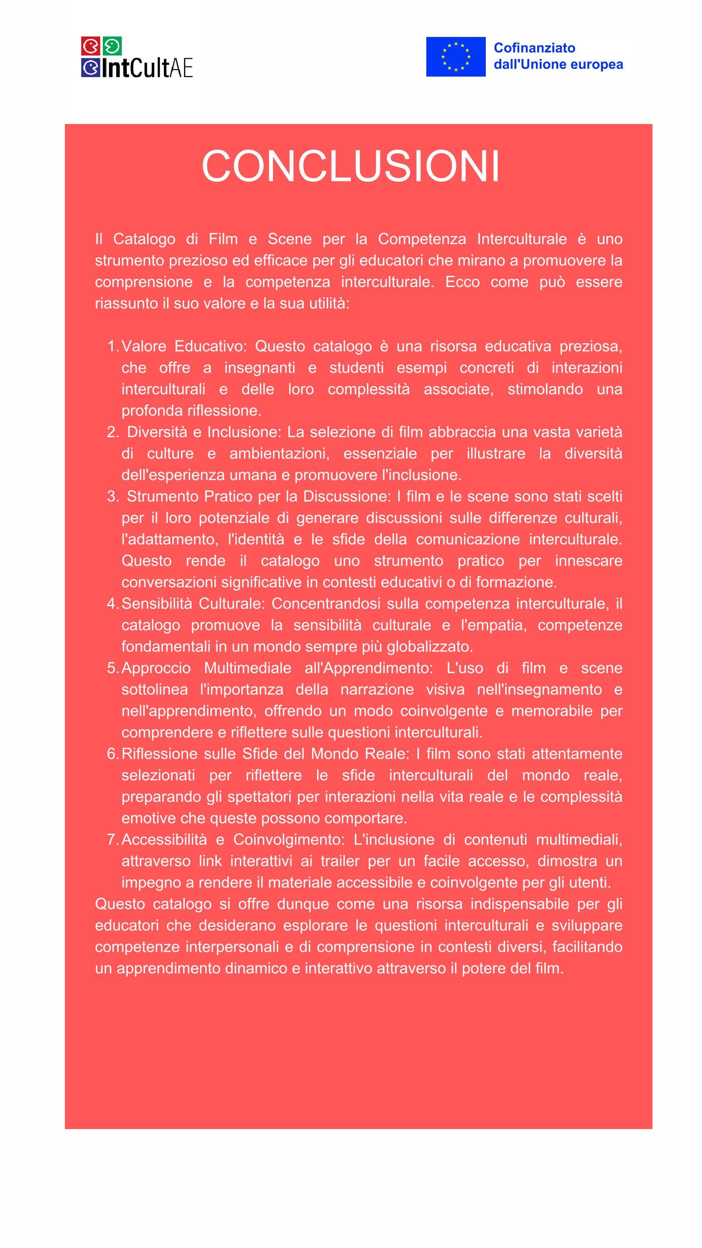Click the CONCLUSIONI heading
point(350,166)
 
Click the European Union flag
point(455,57)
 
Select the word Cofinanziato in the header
point(534,48)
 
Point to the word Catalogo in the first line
point(144,239)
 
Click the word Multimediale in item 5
point(247,668)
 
